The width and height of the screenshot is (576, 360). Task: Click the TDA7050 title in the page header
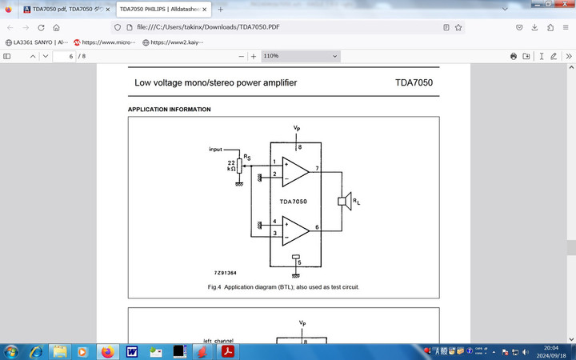[x=414, y=82]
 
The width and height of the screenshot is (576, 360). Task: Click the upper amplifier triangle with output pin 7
[x=295, y=170]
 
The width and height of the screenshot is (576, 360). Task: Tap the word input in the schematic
[x=215, y=150]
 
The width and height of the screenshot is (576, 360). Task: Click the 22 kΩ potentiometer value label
[x=231, y=166]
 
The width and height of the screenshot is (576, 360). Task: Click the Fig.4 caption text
[x=283, y=286]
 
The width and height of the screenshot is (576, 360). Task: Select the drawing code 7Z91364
[x=225, y=273]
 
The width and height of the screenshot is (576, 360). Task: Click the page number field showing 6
[x=63, y=56]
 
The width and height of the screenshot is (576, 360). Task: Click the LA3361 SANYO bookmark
[x=36, y=42]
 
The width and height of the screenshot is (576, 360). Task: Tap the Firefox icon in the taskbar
[x=107, y=351]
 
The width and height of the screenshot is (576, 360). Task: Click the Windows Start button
[x=12, y=351]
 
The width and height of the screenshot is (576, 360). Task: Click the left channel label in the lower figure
[x=218, y=340]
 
